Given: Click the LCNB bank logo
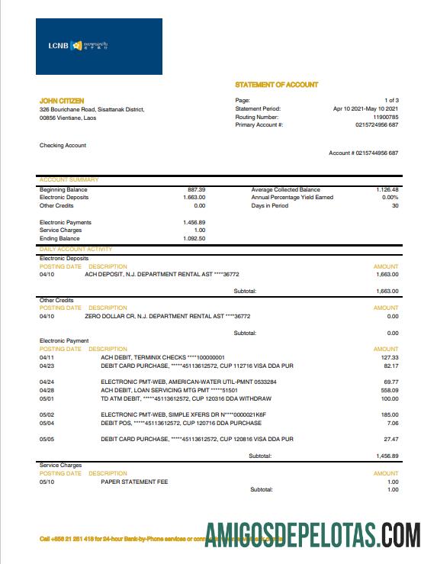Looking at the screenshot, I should (98, 46).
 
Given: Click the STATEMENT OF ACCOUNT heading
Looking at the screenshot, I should (277, 85).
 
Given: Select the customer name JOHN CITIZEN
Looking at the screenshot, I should (62, 101).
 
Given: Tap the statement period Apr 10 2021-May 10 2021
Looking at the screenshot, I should (366, 109).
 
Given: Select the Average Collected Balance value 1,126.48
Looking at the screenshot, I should (387, 189).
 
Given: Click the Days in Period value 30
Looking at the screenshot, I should (395, 205).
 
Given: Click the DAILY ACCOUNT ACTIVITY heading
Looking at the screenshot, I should (76, 249).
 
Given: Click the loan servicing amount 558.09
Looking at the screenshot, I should (390, 389).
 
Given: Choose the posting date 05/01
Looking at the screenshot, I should (47, 398).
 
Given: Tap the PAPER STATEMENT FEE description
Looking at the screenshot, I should (134, 482).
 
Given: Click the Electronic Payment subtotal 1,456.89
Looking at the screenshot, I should (386, 456).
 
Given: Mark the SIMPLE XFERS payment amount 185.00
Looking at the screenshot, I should (390, 414).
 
